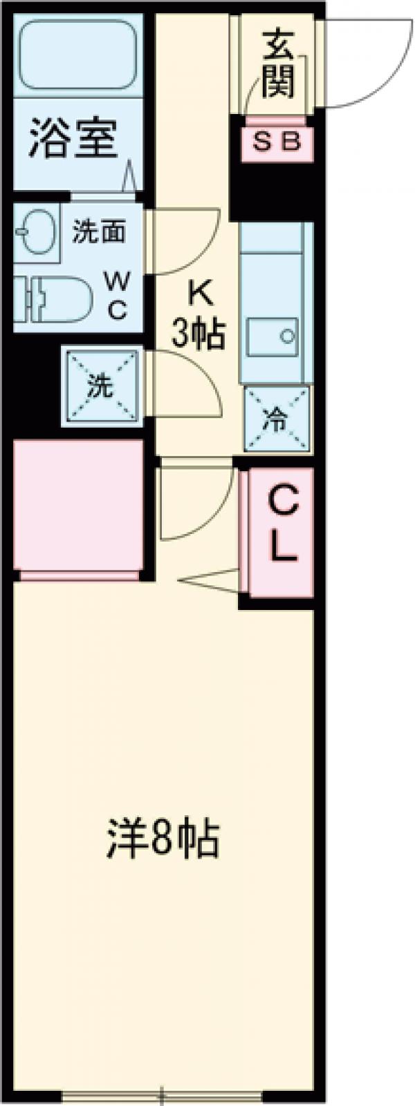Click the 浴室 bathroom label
tap(72, 139)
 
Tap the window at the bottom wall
tap(163, 1094)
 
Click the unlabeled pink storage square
tap(78, 505)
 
